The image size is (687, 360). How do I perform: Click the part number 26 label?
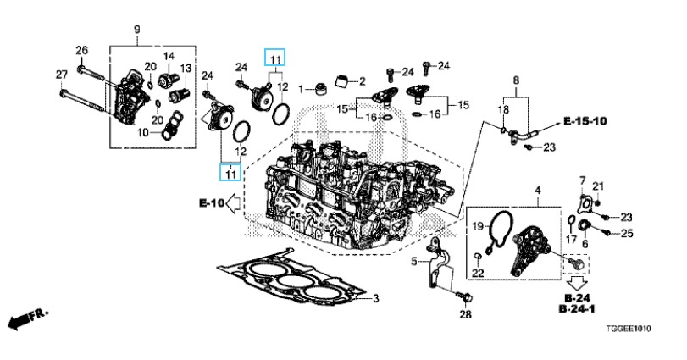82,49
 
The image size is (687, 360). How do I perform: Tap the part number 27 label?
62,75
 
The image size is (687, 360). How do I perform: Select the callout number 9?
136,31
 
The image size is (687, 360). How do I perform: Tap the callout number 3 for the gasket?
377,298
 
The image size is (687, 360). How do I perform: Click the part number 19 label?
477,226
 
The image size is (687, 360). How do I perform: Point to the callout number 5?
415,262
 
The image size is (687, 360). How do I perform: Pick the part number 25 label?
627,232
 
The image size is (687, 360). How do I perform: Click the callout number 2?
362,81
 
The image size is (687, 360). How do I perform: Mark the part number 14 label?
169,56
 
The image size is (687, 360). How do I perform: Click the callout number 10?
143,132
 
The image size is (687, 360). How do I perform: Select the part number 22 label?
478,272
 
